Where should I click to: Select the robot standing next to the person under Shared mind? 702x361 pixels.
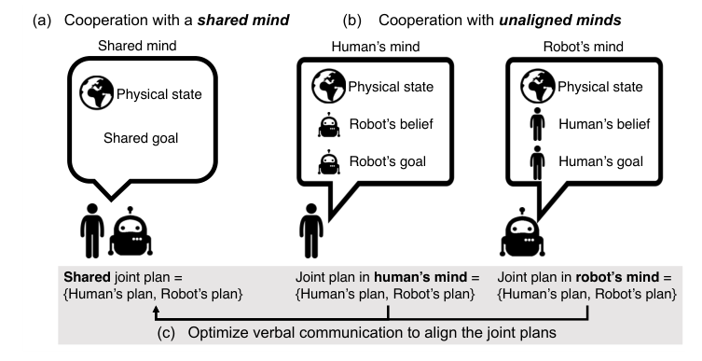[131, 232]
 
